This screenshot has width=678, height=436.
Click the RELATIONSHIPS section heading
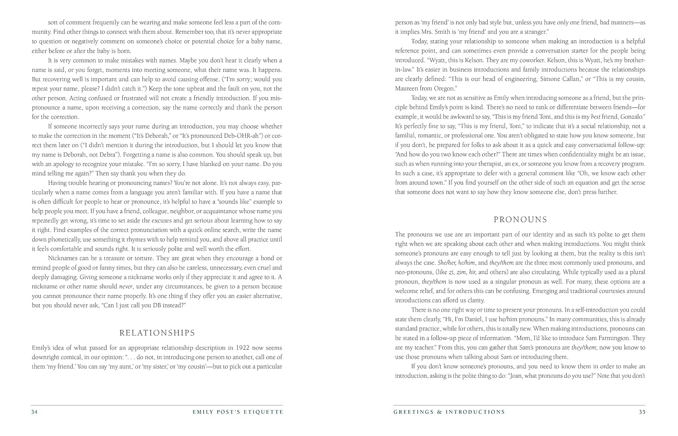pos(157,333)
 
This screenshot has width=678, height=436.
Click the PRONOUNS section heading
pos(520,220)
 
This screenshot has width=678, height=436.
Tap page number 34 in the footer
pos(34,412)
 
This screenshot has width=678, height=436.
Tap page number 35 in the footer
pos(642,412)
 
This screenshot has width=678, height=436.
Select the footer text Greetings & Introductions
pos(449,412)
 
